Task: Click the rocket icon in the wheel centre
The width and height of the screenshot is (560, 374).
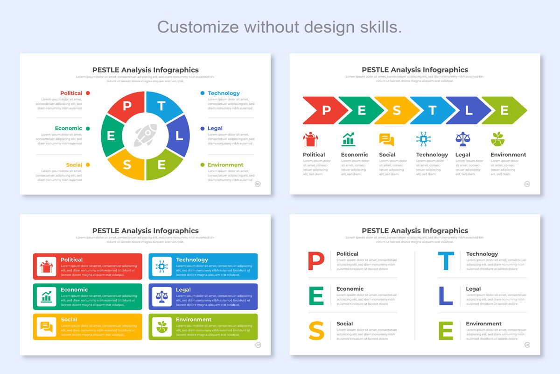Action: pyautogui.click(x=145, y=136)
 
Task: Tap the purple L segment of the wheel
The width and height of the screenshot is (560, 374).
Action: pyautogui.click(x=180, y=136)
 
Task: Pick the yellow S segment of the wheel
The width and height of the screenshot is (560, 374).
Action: pyautogui.click(x=127, y=165)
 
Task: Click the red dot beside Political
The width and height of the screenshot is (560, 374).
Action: pyautogui.click(x=88, y=93)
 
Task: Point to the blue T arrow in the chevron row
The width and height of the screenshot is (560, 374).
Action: pyautogui.click(x=432, y=110)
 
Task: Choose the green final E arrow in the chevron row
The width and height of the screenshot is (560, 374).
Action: pyautogui.click(x=504, y=110)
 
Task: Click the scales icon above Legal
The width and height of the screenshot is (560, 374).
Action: pyautogui.click(x=462, y=139)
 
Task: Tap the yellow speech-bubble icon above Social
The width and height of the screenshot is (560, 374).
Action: pyautogui.click(x=386, y=139)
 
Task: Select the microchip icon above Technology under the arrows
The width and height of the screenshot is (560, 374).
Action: pyautogui.click(x=423, y=139)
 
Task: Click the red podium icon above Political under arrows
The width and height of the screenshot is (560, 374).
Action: pyautogui.click(x=310, y=139)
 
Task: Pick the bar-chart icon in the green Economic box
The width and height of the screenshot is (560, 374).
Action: pyautogui.click(x=47, y=296)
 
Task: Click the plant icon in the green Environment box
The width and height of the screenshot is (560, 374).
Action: pyautogui.click(x=162, y=326)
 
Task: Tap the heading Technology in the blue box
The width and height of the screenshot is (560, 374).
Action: pyautogui.click(x=192, y=259)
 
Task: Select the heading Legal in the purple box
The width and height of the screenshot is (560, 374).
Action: pyautogui.click(x=183, y=289)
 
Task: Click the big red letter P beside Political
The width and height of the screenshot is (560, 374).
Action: pyautogui.click(x=316, y=261)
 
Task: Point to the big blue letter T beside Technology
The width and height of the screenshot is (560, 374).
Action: pyautogui.click(x=446, y=261)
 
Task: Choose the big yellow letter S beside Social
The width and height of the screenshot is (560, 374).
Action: pyautogui.click(x=316, y=331)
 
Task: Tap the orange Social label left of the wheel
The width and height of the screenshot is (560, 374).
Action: pyautogui.click(x=74, y=165)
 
